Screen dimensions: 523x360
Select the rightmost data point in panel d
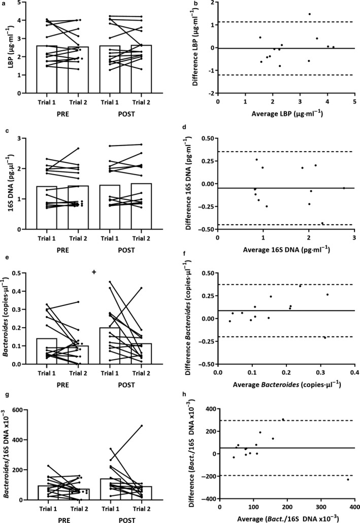[344, 188]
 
